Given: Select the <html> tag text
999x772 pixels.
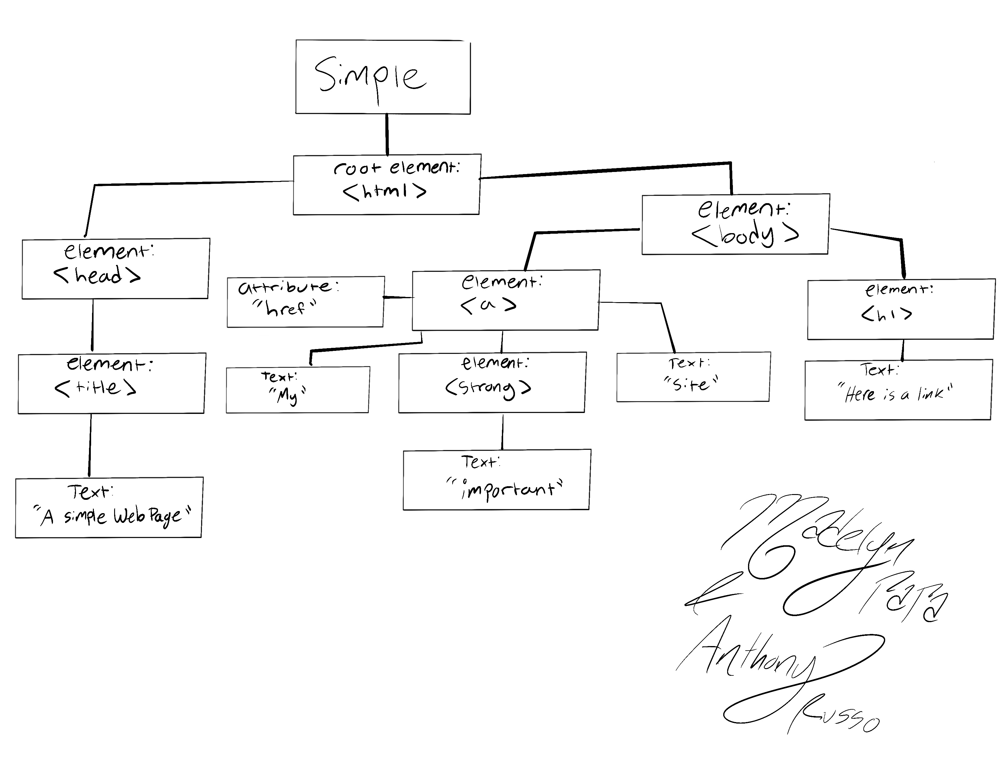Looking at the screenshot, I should tap(384, 191).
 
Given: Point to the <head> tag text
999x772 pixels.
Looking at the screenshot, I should tap(97, 275).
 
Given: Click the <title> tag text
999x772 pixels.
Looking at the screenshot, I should tap(95, 388).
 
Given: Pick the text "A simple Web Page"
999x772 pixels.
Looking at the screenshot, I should tap(112, 517).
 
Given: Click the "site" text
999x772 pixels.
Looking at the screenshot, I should tap(691, 383).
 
